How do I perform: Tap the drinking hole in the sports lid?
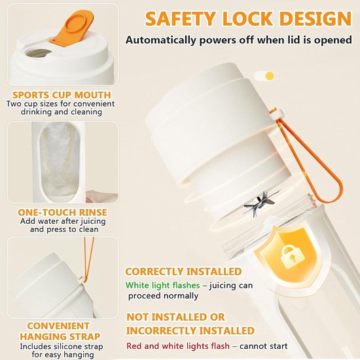39,53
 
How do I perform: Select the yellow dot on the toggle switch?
270,76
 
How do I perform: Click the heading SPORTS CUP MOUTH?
62,95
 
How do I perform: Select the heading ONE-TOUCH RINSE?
62,212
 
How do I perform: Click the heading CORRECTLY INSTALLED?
183,272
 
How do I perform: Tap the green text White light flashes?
162,285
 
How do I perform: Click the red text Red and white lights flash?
178,346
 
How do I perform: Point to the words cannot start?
264,346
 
